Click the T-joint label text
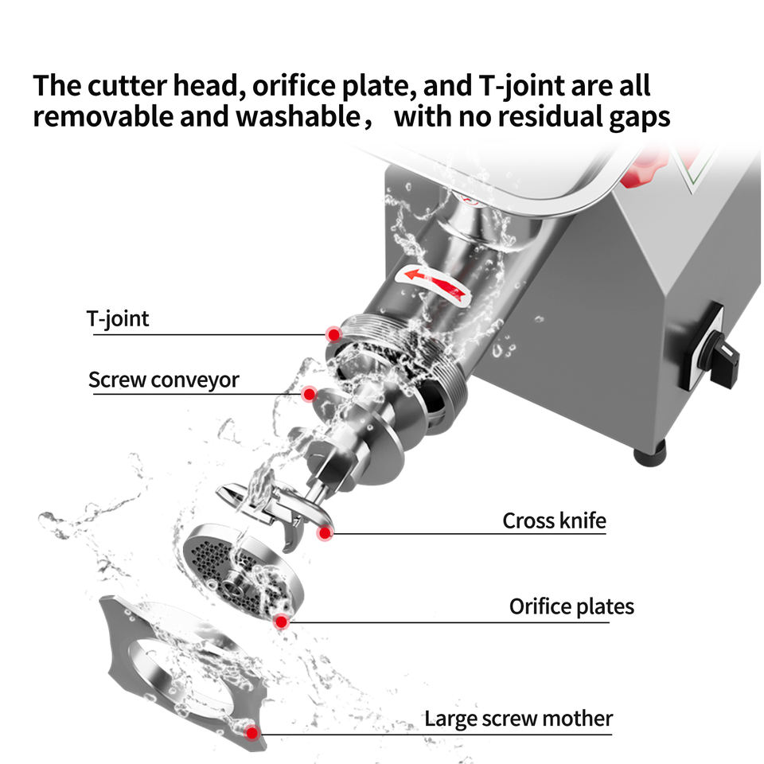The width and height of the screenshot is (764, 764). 118,320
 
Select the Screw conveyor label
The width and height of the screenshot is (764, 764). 163,380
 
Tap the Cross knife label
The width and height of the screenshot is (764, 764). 554,521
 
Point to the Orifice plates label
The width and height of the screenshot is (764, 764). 571,607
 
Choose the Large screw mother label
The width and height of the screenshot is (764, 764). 518,719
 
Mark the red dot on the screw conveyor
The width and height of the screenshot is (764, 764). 309,394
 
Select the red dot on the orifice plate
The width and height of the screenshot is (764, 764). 281,621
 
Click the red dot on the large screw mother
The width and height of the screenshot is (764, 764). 252,733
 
